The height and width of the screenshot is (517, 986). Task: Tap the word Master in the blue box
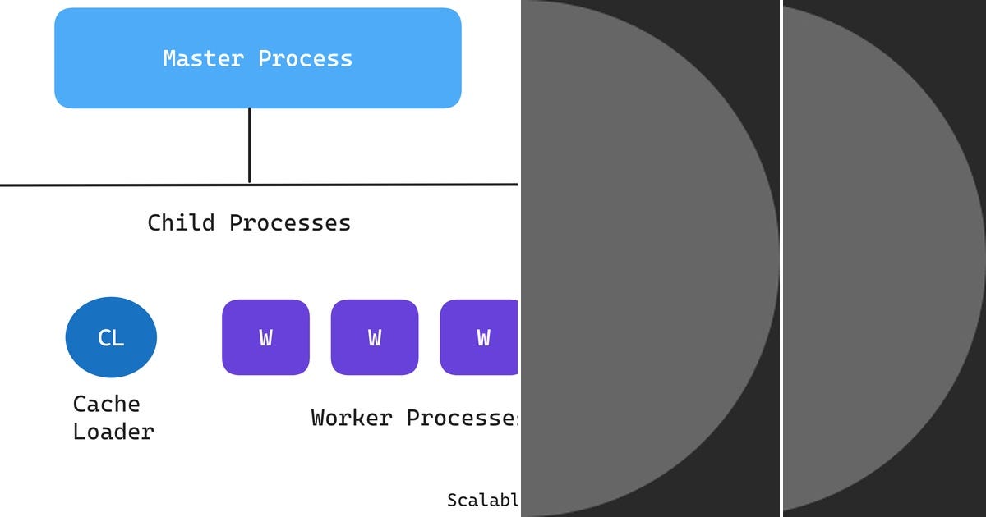(204, 59)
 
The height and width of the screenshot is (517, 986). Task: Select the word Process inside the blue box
(305, 59)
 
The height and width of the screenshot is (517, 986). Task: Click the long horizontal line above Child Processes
(123, 185)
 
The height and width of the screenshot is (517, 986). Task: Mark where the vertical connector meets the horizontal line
(249, 185)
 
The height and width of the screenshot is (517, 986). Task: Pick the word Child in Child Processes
(181, 222)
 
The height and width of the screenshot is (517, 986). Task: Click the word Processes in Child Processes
(289, 222)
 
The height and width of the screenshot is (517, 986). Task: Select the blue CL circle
(111, 337)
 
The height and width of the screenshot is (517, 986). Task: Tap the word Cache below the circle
(106, 404)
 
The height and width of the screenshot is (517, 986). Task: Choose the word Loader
(113, 432)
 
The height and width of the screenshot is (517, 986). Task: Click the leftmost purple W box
(265, 337)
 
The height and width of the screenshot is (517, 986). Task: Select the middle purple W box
(374, 337)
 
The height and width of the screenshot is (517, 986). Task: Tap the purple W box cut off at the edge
(480, 337)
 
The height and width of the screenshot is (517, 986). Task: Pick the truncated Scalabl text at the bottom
(483, 500)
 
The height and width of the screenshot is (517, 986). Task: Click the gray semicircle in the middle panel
(641, 258)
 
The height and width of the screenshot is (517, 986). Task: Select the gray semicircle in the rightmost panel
(879, 258)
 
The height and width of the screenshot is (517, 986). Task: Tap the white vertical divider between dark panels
(781, 258)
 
